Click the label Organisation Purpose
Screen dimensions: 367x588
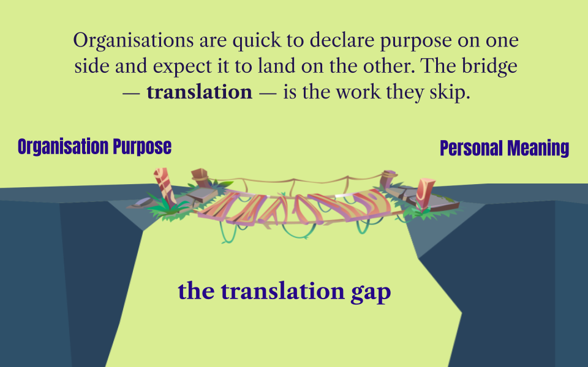(94, 147)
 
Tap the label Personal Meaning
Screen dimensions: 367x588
(504, 149)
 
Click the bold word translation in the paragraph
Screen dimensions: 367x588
(199, 92)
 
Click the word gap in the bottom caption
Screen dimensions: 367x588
(370, 291)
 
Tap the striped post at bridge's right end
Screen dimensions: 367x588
(425, 190)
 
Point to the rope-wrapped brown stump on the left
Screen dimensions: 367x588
(200, 179)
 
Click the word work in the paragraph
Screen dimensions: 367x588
(375, 92)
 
